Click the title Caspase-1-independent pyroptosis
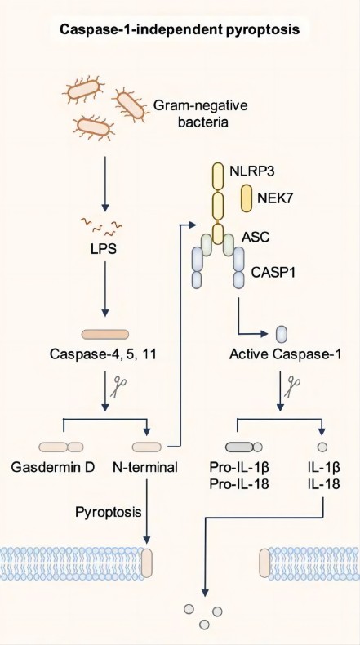tap(180, 29)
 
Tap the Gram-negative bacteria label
tap(200, 113)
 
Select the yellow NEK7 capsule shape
tap(247, 198)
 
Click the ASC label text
tap(255, 238)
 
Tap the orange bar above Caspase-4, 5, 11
tap(105, 334)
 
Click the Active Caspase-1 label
tap(285, 354)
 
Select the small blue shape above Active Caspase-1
tap(282, 334)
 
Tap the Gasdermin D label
tap(53, 467)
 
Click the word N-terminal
tap(145, 467)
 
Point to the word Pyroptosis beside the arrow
tap(109, 512)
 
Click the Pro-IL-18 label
tap(239, 483)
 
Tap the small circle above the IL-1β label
tap(322, 447)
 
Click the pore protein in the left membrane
tap(147, 563)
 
